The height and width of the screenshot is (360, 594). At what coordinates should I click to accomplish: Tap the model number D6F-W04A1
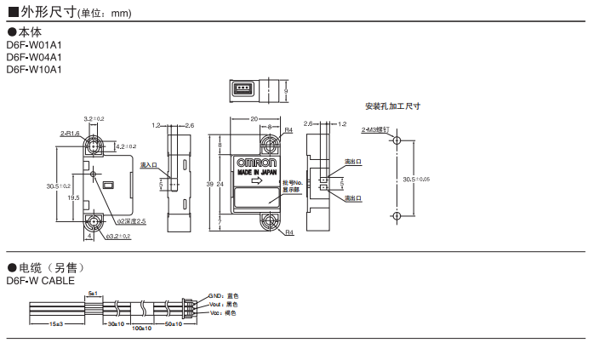(34, 57)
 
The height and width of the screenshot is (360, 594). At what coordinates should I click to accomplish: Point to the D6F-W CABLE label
(40, 280)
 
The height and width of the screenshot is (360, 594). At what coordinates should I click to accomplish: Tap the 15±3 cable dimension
(57, 324)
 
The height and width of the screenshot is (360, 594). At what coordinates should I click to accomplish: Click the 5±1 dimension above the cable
(93, 293)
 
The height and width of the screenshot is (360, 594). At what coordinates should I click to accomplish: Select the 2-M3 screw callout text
(374, 130)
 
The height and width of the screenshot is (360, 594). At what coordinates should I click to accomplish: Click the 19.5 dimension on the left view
(74, 197)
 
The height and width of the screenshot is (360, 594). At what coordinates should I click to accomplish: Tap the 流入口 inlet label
(148, 165)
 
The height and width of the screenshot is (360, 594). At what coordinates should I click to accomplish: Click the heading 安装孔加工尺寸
(392, 106)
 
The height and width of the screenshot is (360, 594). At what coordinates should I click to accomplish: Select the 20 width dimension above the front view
(254, 119)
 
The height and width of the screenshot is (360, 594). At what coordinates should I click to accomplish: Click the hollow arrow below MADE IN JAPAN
(257, 180)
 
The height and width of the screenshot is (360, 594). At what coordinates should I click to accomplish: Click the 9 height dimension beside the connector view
(287, 90)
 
